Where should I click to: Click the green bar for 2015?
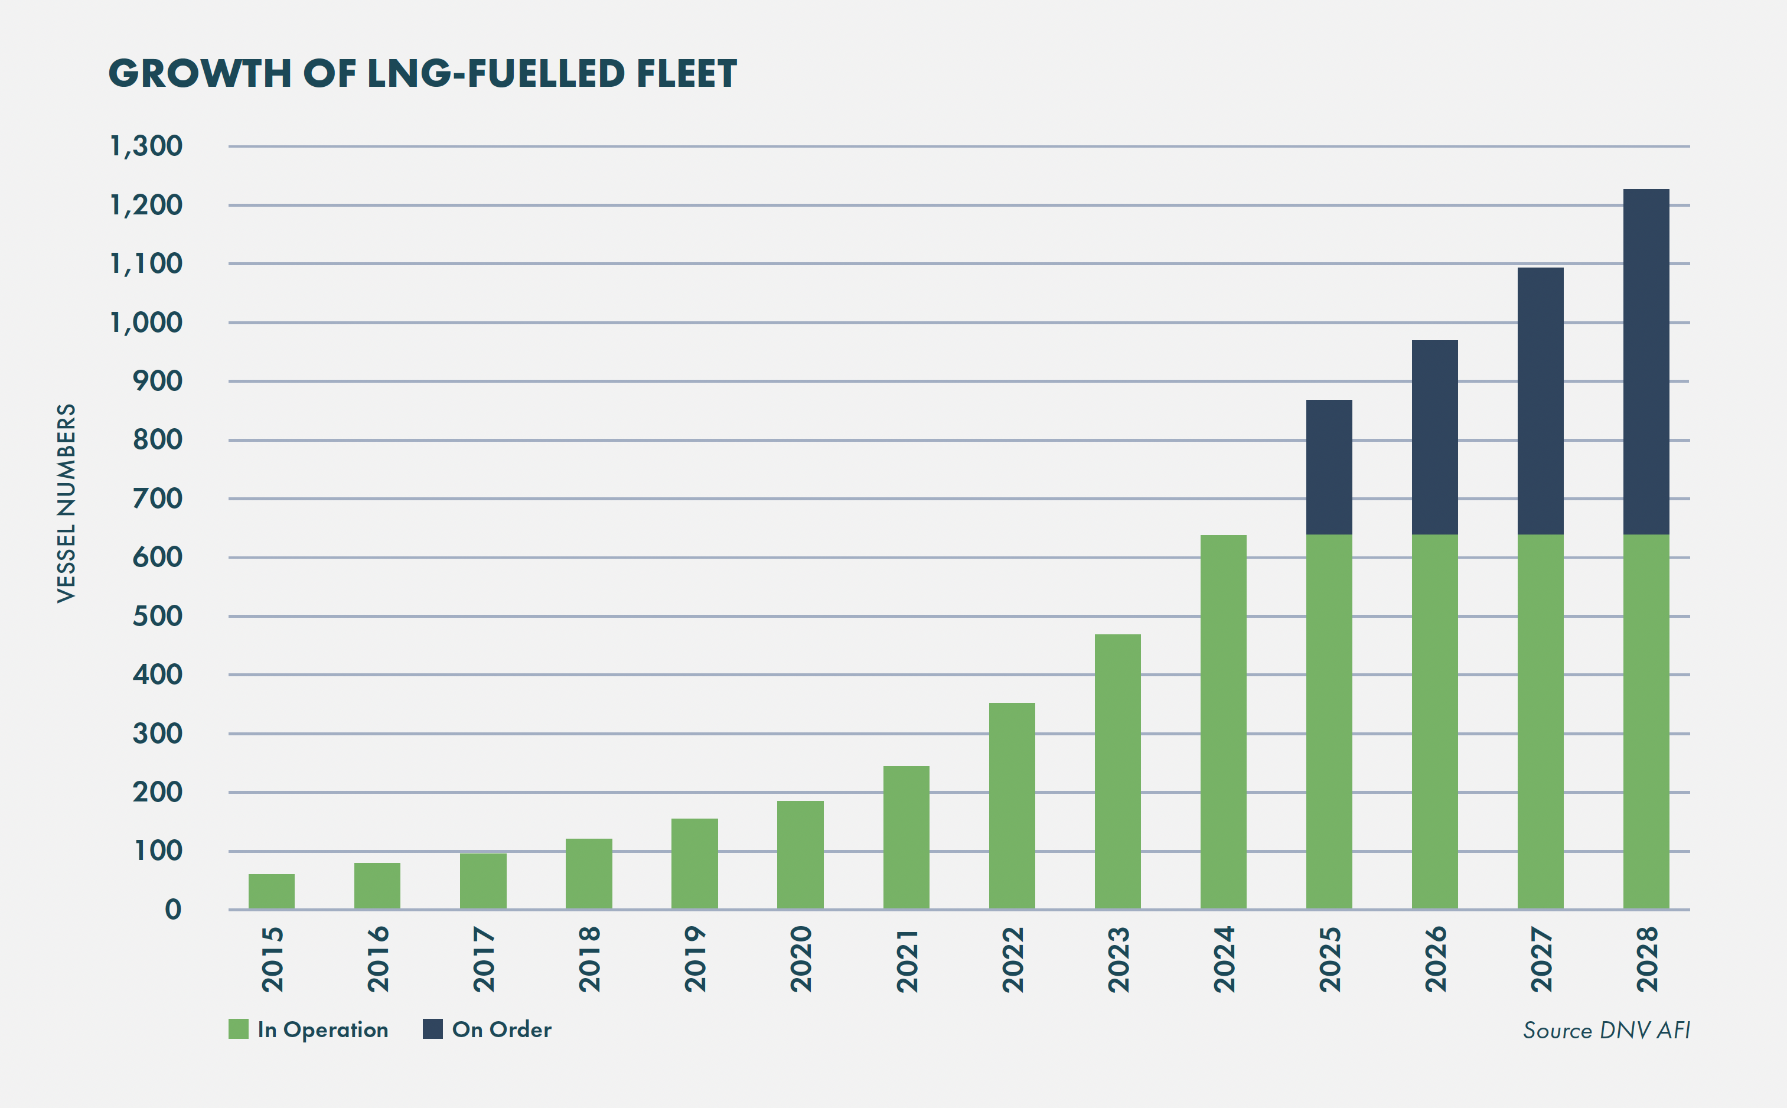pos(271,891)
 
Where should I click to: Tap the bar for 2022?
pos(1011,806)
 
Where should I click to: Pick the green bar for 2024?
pos(1223,722)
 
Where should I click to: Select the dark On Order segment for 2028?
pos(1646,361)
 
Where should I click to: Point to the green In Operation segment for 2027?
pos(1540,722)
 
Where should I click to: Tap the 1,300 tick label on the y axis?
pos(146,146)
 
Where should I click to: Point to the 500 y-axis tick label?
pos(157,616)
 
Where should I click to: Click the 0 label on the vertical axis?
pos(173,910)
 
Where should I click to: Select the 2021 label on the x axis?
pos(907,960)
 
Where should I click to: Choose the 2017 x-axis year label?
pos(484,960)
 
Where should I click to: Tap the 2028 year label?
pos(1647,960)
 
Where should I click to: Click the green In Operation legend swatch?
pos(238,1029)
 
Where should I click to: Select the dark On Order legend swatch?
pos(432,1029)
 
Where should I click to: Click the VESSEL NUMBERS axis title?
pos(66,503)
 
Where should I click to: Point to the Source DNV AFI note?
pos(1606,1030)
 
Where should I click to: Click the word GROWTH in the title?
pos(200,74)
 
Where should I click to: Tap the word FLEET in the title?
pos(686,74)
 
